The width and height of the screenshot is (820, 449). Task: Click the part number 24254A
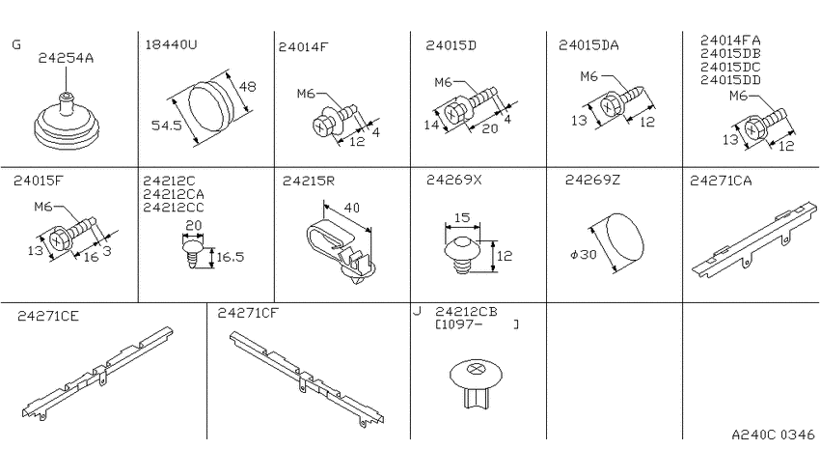tap(66, 58)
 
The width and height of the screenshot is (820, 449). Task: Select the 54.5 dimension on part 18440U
tap(166, 126)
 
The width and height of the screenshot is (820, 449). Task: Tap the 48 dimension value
tap(247, 86)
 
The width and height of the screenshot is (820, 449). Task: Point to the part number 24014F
tap(303, 47)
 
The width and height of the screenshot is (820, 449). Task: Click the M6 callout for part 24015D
tap(443, 83)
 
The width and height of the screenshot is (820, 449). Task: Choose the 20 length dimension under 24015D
tap(489, 128)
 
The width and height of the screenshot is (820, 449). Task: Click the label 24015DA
tap(588, 45)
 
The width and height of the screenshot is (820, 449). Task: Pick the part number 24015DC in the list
tap(730, 67)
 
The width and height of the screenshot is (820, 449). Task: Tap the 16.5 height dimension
tap(231, 257)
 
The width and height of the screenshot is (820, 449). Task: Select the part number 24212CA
tap(174, 195)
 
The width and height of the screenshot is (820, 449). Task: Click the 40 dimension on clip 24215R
tap(352, 209)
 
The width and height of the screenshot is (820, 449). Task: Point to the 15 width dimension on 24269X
tap(462, 217)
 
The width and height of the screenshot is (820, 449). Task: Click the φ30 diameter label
tap(583, 255)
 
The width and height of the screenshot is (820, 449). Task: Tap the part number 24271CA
tap(721, 182)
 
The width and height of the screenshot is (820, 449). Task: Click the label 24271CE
tap(48, 317)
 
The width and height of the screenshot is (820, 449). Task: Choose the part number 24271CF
tap(248, 313)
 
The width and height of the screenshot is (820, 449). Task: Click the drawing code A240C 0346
tap(773, 435)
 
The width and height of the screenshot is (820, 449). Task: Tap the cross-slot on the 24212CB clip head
tap(476, 369)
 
